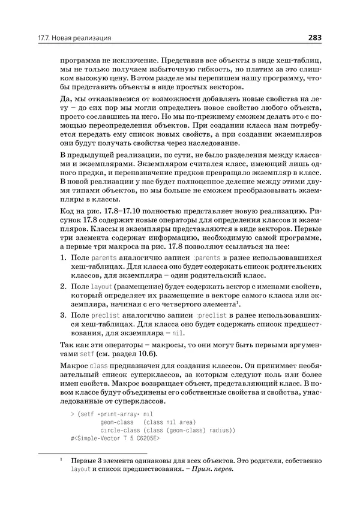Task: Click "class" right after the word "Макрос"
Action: pyautogui.click(x=98, y=366)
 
